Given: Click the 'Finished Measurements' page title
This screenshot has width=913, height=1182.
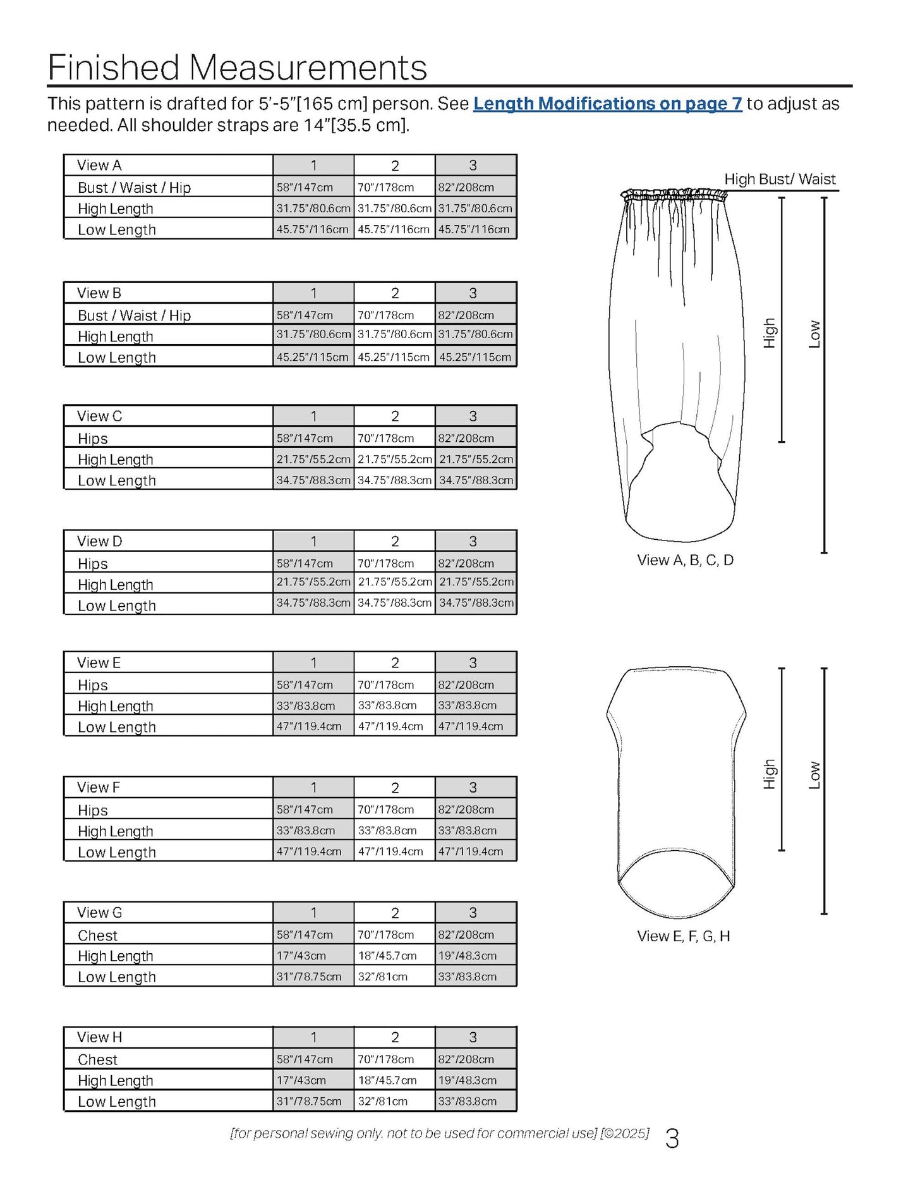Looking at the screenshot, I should pyautogui.click(x=237, y=67).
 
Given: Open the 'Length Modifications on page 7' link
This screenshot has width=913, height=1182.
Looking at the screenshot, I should pyautogui.click(x=607, y=104).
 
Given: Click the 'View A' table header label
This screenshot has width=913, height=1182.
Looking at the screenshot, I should pyautogui.click(x=99, y=166).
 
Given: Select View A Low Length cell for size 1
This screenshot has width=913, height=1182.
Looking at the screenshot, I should pyautogui.click(x=313, y=229).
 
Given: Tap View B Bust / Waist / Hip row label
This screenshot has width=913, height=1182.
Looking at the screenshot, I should pyautogui.click(x=134, y=315).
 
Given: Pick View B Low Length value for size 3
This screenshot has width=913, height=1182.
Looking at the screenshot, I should pyautogui.click(x=475, y=357).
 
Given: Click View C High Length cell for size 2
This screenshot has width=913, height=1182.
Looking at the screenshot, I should pyautogui.click(x=394, y=460).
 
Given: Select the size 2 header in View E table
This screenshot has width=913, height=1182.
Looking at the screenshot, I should pyautogui.click(x=395, y=663).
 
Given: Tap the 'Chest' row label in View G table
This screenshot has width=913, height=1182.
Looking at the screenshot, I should pyautogui.click(x=97, y=935).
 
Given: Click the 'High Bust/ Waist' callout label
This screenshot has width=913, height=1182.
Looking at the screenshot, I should pyautogui.click(x=780, y=180).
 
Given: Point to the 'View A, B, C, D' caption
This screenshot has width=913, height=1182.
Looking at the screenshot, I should pyautogui.click(x=686, y=560).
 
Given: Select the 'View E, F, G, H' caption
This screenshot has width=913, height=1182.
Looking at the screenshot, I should pyautogui.click(x=684, y=936).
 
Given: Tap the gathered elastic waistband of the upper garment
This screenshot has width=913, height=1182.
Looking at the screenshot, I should pyautogui.click(x=674, y=195).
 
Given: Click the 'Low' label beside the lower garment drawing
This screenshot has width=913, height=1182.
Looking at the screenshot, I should pyautogui.click(x=814, y=775).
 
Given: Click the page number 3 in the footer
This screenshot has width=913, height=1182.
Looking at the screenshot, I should pyautogui.click(x=672, y=1138).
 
